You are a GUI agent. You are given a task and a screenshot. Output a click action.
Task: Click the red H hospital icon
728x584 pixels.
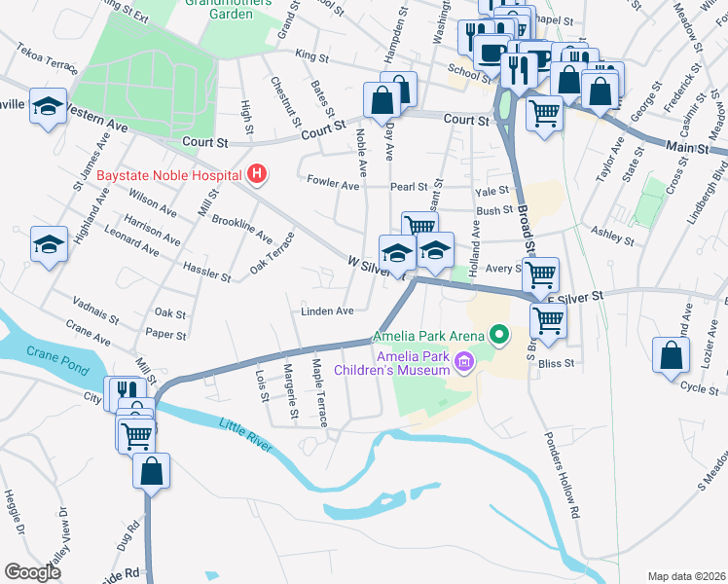click(257, 174)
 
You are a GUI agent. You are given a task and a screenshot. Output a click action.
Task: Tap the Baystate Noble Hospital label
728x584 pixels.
click(170, 175)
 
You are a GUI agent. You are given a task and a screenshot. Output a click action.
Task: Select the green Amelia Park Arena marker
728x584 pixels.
click(500, 337)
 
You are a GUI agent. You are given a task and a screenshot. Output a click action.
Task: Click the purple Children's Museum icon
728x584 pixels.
click(464, 363)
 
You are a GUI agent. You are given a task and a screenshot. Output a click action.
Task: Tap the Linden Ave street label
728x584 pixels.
click(326, 311)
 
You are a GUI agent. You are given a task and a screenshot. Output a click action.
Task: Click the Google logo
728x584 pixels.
click(32, 572)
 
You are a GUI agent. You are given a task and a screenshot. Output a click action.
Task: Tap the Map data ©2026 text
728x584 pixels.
click(685, 575)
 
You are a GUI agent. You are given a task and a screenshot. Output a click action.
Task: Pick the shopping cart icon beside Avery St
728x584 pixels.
click(539, 274)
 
